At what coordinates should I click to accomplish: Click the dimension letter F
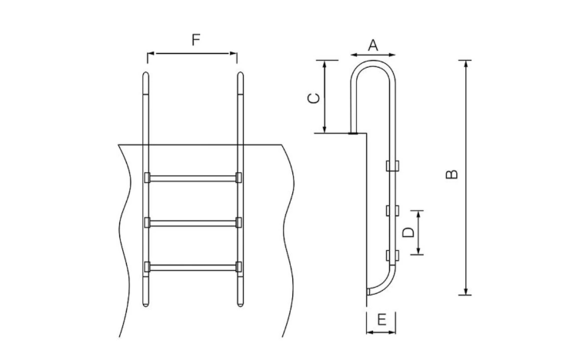[x=196, y=40]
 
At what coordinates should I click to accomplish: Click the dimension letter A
[x=373, y=45]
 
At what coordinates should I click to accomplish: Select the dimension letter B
[x=451, y=174]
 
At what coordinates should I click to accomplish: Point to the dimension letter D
[x=408, y=232]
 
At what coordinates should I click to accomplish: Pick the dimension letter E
[x=381, y=320]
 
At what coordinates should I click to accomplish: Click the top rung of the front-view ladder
[x=193, y=178]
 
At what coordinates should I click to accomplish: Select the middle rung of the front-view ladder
[x=193, y=222]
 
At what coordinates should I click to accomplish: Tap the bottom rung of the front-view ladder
[x=193, y=267]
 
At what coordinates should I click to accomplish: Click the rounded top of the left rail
[x=145, y=75]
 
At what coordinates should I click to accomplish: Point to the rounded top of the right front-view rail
[x=240, y=75]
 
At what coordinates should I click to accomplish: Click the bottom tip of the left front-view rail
[x=145, y=305]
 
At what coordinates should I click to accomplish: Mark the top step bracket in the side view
[x=392, y=165]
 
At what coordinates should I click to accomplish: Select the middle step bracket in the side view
[x=392, y=211]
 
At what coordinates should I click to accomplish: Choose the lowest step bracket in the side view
[x=392, y=255]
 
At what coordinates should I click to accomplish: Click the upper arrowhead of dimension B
[x=465, y=63]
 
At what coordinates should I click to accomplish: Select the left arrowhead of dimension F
[x=151, y=53]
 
